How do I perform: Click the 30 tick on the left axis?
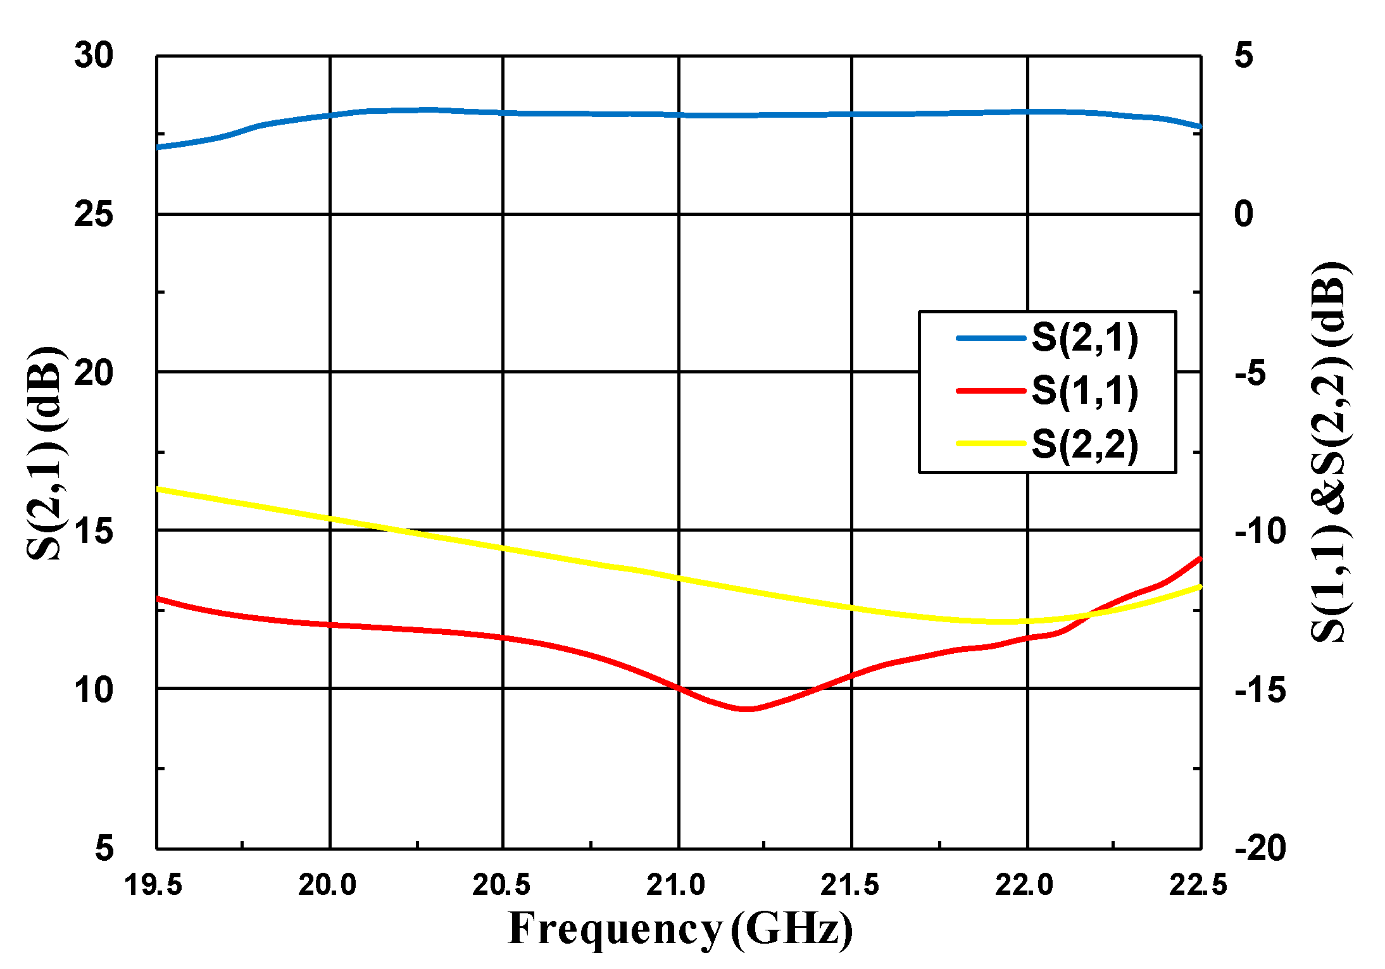(94, 56)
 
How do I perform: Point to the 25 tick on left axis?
(94, 214)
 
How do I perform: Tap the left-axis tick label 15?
(94, 530)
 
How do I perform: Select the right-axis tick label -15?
(1260, 689)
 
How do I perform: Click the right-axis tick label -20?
(1260, 847)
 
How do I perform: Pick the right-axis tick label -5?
(1250, 373)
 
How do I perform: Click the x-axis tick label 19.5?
(153, 884)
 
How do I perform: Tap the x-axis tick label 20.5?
(501, 884)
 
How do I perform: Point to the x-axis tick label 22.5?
(1198, 884)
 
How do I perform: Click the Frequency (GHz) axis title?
(680, 928)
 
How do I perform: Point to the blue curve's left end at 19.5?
(158, 147)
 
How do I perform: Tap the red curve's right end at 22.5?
(1200, 558)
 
